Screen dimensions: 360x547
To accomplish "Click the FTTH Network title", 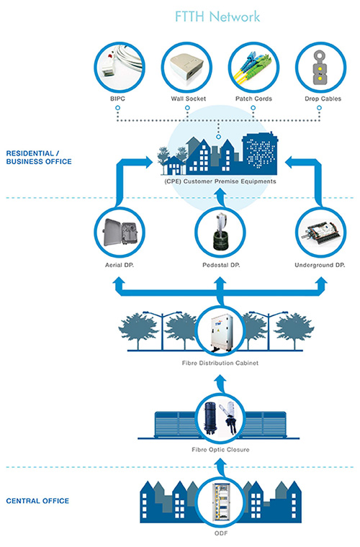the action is coord(217,17).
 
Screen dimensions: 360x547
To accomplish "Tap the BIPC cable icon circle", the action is coord(120,68).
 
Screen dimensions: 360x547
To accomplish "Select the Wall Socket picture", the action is coord(187,68).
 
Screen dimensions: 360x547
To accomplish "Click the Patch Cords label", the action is coord(253,99).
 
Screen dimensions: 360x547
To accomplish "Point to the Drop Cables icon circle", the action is coord(321,68).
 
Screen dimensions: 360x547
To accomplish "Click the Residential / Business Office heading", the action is coord(39,158).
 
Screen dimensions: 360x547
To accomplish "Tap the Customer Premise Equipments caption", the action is coord(220,181).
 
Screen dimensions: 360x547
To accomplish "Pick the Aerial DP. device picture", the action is coord(120,232).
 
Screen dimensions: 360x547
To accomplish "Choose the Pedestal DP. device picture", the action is coord(220,232).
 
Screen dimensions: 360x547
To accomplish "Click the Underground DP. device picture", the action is coord(321,232).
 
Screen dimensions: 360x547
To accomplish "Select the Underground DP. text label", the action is coord(320,265).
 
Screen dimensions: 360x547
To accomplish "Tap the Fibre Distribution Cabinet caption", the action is coord(220,363).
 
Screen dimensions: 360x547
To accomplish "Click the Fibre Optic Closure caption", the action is coord(220,450).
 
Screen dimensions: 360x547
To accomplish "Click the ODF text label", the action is coord(221,533).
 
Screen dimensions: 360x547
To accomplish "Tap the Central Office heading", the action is coord(37,501).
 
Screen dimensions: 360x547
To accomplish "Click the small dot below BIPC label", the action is coord(118,108).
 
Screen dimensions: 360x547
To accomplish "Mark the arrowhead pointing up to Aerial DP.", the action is coord(120,282).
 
